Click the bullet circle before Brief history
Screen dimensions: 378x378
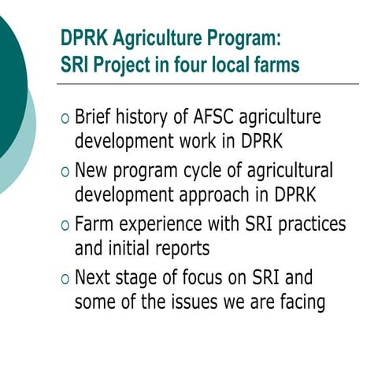click(x=65, y=119)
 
